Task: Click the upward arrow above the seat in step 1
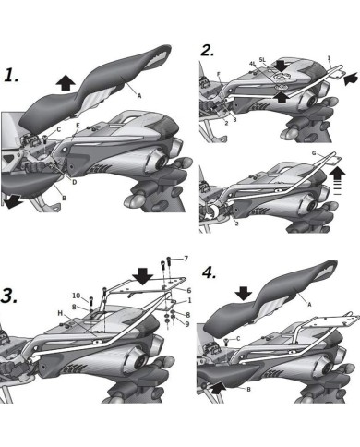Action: click(x=66, y=82)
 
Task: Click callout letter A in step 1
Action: click(x=138, y=94)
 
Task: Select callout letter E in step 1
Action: click(x=78, y=125)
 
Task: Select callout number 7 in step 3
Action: click(x=185, y=258)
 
